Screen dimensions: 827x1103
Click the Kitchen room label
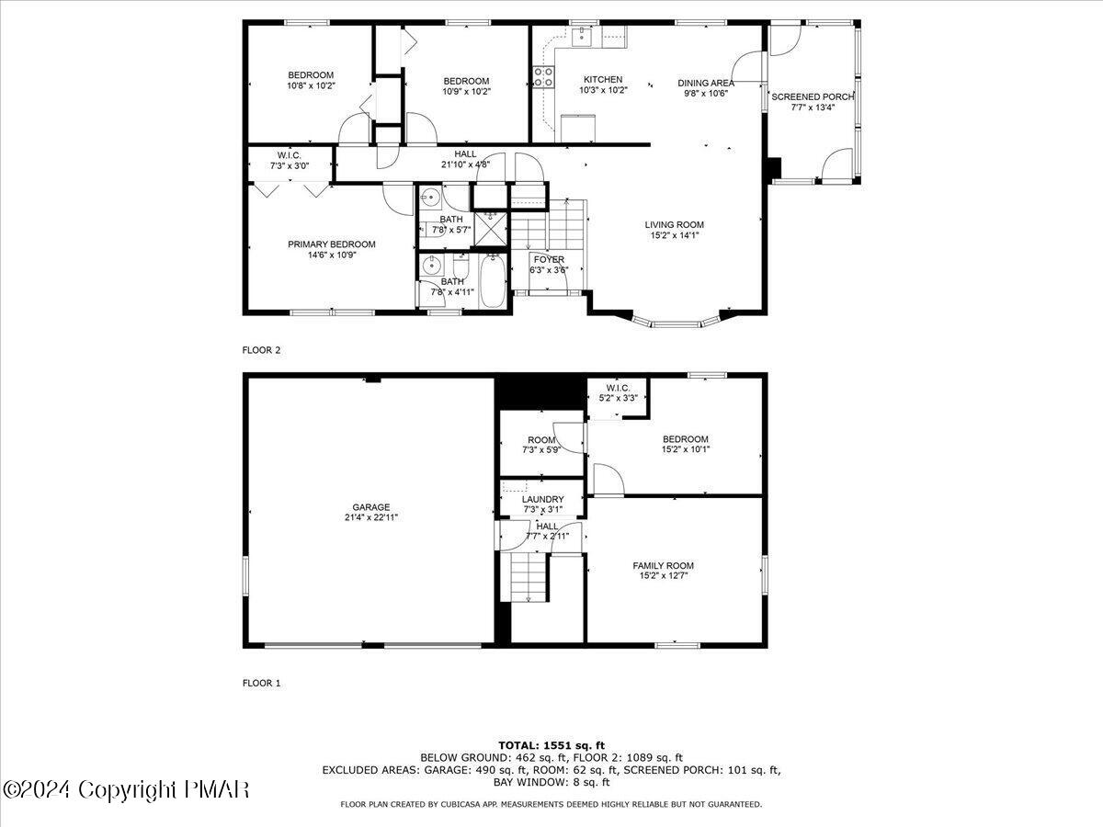point(602,80)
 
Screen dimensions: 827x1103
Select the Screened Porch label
point(813,96)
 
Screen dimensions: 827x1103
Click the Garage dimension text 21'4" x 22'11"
point(371,517)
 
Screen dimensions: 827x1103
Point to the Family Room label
point(663,565)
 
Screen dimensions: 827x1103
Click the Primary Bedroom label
point(331,244)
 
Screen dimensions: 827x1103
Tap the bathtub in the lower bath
point(493,283)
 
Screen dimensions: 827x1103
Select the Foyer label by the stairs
point(549,260)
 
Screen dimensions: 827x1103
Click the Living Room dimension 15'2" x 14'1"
point(674,235)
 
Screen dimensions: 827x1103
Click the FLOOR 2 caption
point(261,350)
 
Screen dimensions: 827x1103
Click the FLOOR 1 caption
point(261,683)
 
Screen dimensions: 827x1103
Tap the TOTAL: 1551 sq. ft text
point(551,745)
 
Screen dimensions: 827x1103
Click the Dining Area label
point(706,82)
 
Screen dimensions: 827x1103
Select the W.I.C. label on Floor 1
point(617,387)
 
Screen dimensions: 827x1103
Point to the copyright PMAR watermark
point(126,789)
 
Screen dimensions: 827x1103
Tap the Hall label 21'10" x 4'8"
point(465,154)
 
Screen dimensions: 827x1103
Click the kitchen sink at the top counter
point(581,36)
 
